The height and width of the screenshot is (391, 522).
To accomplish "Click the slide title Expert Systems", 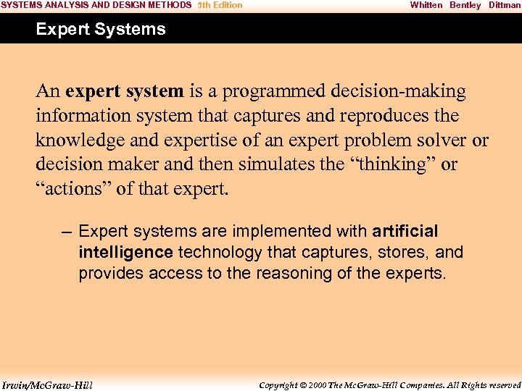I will pyautogui.click(x=101, y=30).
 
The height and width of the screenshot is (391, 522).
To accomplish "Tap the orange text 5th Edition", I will pyautogui.click(x=220, y=5).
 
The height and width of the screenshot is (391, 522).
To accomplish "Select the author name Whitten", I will pyautogui.click(x=426, y=5).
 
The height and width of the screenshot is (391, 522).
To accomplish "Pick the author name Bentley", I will pyautogui.click(x=465, y=5).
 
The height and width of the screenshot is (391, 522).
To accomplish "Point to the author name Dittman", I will pyautogui.click(x=505, y=5).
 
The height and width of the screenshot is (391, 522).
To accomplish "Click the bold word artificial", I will pyautogui.click(x=405, y=232).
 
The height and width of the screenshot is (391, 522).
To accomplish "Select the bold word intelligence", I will pyautogui.click(x=125, y=253).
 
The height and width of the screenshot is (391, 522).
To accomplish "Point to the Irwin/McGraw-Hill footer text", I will pyautogui.click(x=47, y=384).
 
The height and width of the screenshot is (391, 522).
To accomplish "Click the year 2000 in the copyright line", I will pyautogui.click(x=318, y=384).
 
